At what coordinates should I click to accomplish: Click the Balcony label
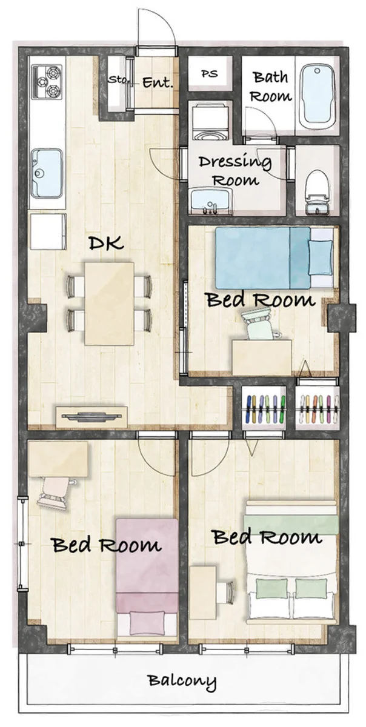click(x=182, y=680)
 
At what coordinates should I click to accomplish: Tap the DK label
click(x=106, y=243)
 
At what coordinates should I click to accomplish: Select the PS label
click(x=210, y=74)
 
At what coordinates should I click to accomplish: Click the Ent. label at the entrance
click(x=158, y=82)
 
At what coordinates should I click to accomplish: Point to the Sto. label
click(x=119, y=79)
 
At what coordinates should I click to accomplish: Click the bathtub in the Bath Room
click(x=318, y=97)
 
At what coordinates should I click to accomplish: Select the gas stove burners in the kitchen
click(x=47, y=82)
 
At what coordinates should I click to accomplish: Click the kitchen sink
click(x=47, y=174)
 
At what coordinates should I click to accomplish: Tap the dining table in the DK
click(x=109, y=304)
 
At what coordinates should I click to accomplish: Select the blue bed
click(x=274, y=258)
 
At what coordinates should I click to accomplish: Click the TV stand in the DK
click(x=91, y=416)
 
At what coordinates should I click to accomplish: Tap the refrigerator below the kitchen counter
click(x=48, y=231)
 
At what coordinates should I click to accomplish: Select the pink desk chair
click(x=55, y=493)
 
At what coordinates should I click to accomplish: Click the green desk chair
click(x=260, y=324)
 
